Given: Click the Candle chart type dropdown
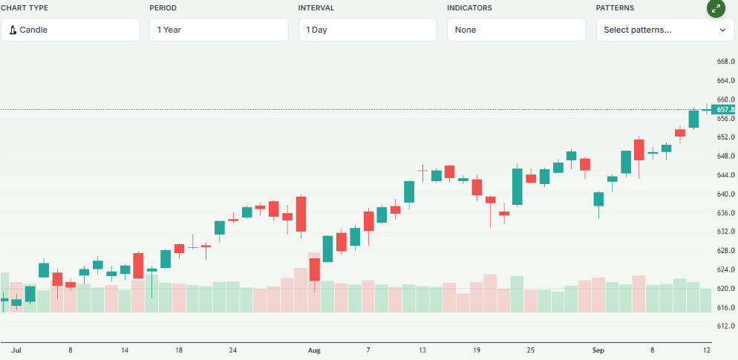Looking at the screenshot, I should click(x=70, y=30).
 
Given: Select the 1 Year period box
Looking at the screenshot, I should click(x=218, y=30).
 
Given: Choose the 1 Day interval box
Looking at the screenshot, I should click(x=367, y=30).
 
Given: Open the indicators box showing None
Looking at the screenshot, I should click(x=516, y=30).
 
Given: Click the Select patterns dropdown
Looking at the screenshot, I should click(x=664, y=30).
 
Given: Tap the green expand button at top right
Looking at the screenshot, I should click(x=716, y=9).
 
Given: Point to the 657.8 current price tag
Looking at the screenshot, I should click(x=725, y=110).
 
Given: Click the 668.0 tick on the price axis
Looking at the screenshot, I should click(x=725, y=62).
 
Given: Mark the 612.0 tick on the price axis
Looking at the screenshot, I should click(x=725, y=326).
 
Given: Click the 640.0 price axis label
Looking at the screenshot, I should click(x=725, y=194).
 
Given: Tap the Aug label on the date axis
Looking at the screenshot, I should click(x=314, y=349).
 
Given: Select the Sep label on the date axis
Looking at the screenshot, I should click(x=598, y=349).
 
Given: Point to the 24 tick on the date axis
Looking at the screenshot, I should click(x=233, y=349).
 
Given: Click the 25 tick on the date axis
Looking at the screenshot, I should click(x=530, y=349).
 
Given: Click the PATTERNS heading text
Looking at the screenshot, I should click(x=615, y=8).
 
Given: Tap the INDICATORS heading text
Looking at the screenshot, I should click(x=469, y=8).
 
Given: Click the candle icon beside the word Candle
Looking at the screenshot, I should click(x=13, y=30).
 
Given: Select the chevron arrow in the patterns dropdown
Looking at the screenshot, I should click(x=722, y=30).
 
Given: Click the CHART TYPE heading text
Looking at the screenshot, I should click(x=24, y=8).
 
